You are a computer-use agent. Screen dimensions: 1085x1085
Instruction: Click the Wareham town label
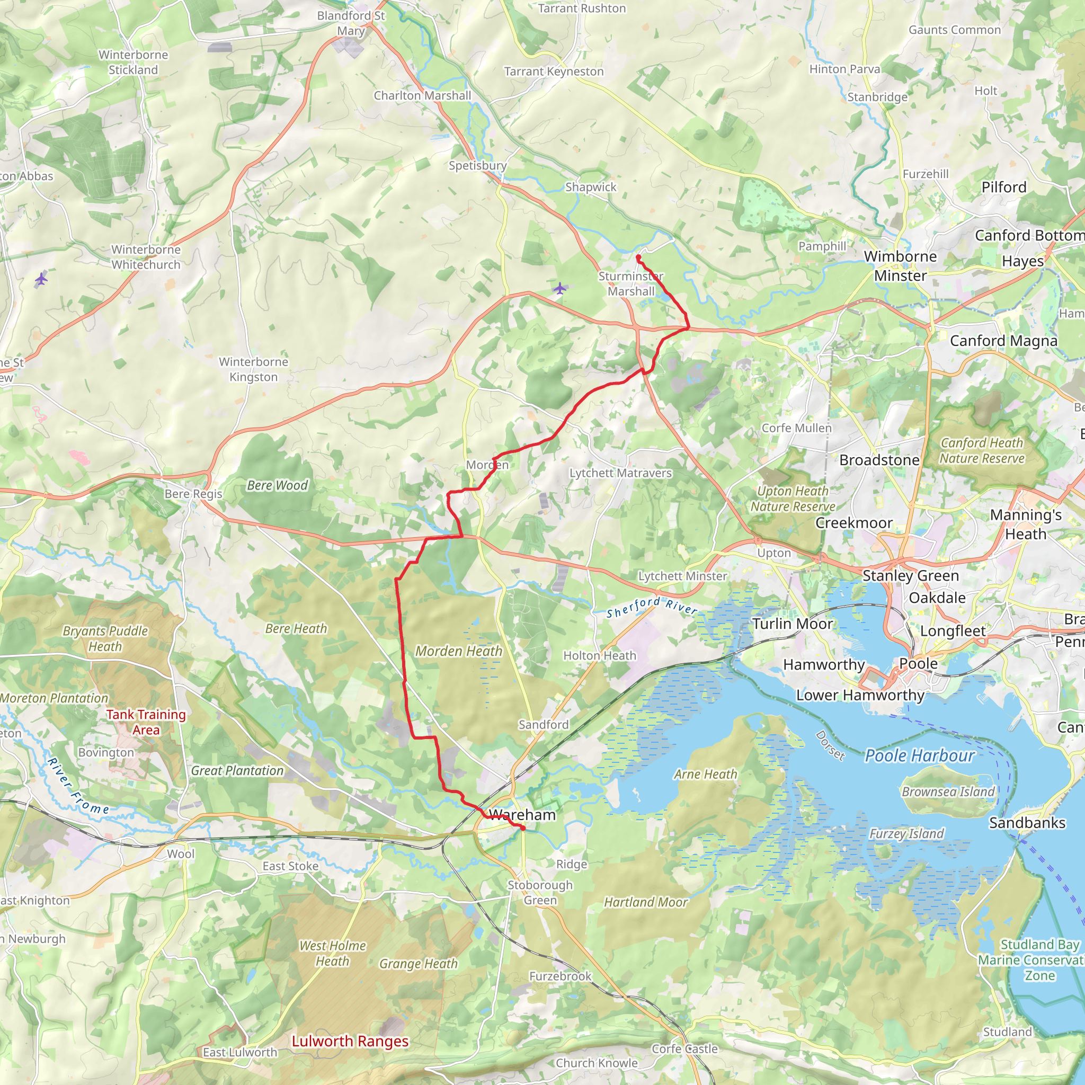[522, 815]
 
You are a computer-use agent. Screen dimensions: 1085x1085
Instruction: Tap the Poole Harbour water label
[919, 756]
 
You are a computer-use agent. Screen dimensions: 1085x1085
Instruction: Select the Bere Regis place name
[193, 494]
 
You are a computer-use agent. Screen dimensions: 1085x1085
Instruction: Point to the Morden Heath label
[458, 651]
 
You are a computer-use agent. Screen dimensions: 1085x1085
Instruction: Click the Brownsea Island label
[948, 792]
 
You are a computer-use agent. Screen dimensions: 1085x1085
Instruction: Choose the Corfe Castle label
[684, 1049]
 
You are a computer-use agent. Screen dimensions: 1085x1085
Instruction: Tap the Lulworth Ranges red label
[350, 1041]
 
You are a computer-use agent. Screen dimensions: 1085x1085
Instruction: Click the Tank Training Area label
[146, 722]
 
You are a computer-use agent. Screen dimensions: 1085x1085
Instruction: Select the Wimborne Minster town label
[900, 265]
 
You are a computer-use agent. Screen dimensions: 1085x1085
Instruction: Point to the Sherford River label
[652, 607]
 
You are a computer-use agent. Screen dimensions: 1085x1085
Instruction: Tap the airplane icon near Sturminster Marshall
[559, 289]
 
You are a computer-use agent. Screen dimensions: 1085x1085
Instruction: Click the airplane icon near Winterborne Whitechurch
[41, 279]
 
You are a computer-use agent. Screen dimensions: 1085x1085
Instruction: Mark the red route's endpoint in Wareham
[523, 829]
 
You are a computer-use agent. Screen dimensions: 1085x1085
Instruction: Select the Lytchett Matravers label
[620, 473]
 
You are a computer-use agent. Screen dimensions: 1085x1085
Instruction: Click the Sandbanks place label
[1027, 823]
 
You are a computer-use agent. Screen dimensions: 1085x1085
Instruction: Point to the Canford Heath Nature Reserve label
[982, 450]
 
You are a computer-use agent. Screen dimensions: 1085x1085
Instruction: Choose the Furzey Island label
[906, 834]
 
